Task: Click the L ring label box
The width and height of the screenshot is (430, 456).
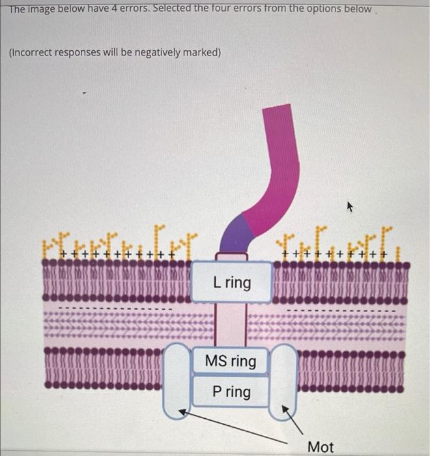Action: click(x=231, y=282)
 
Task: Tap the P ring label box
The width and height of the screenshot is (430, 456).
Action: click(x=231, y=392)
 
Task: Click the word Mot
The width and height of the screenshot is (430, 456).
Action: click(x=320, y=447)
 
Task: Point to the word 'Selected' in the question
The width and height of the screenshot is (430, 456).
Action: click(x=189, y=9)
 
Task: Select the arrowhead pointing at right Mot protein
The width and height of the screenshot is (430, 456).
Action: click(x=284, y=410)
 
